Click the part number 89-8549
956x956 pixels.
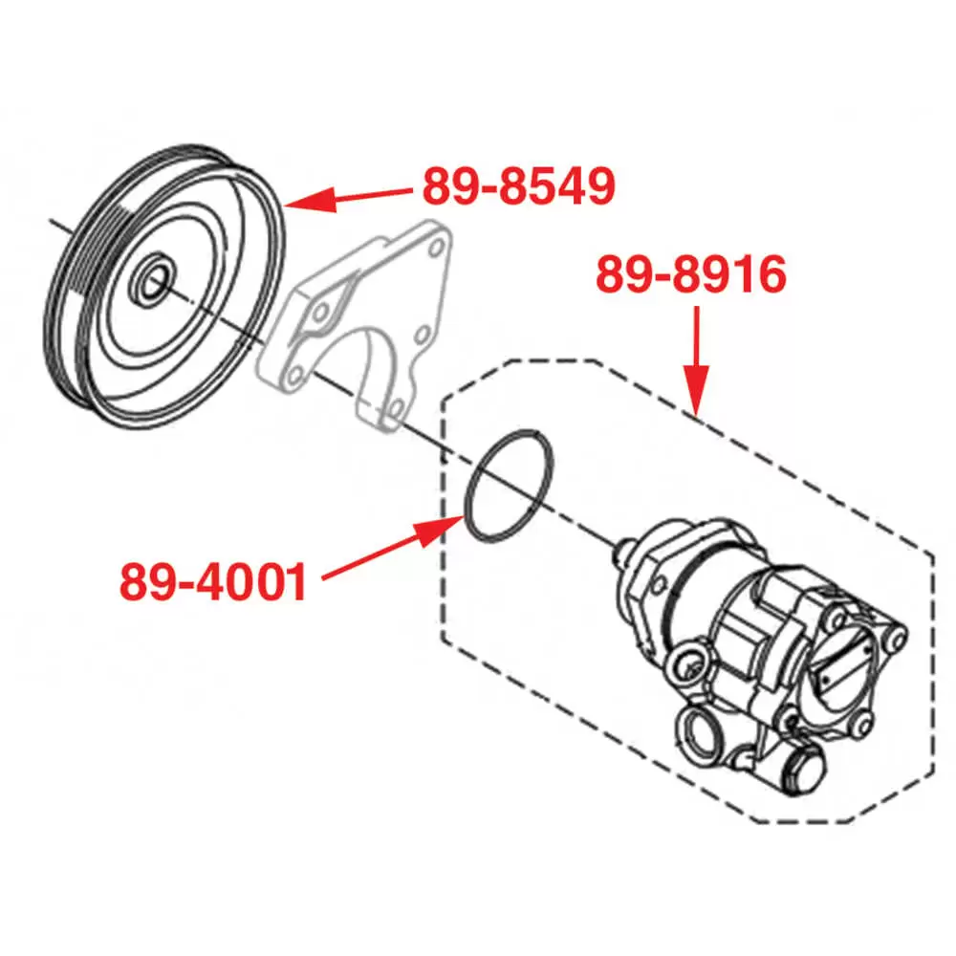click(517, 186)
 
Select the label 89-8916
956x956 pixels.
click(691, 274)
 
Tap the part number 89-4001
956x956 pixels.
click(214, 581)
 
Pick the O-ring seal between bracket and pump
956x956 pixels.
click(508, 483)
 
